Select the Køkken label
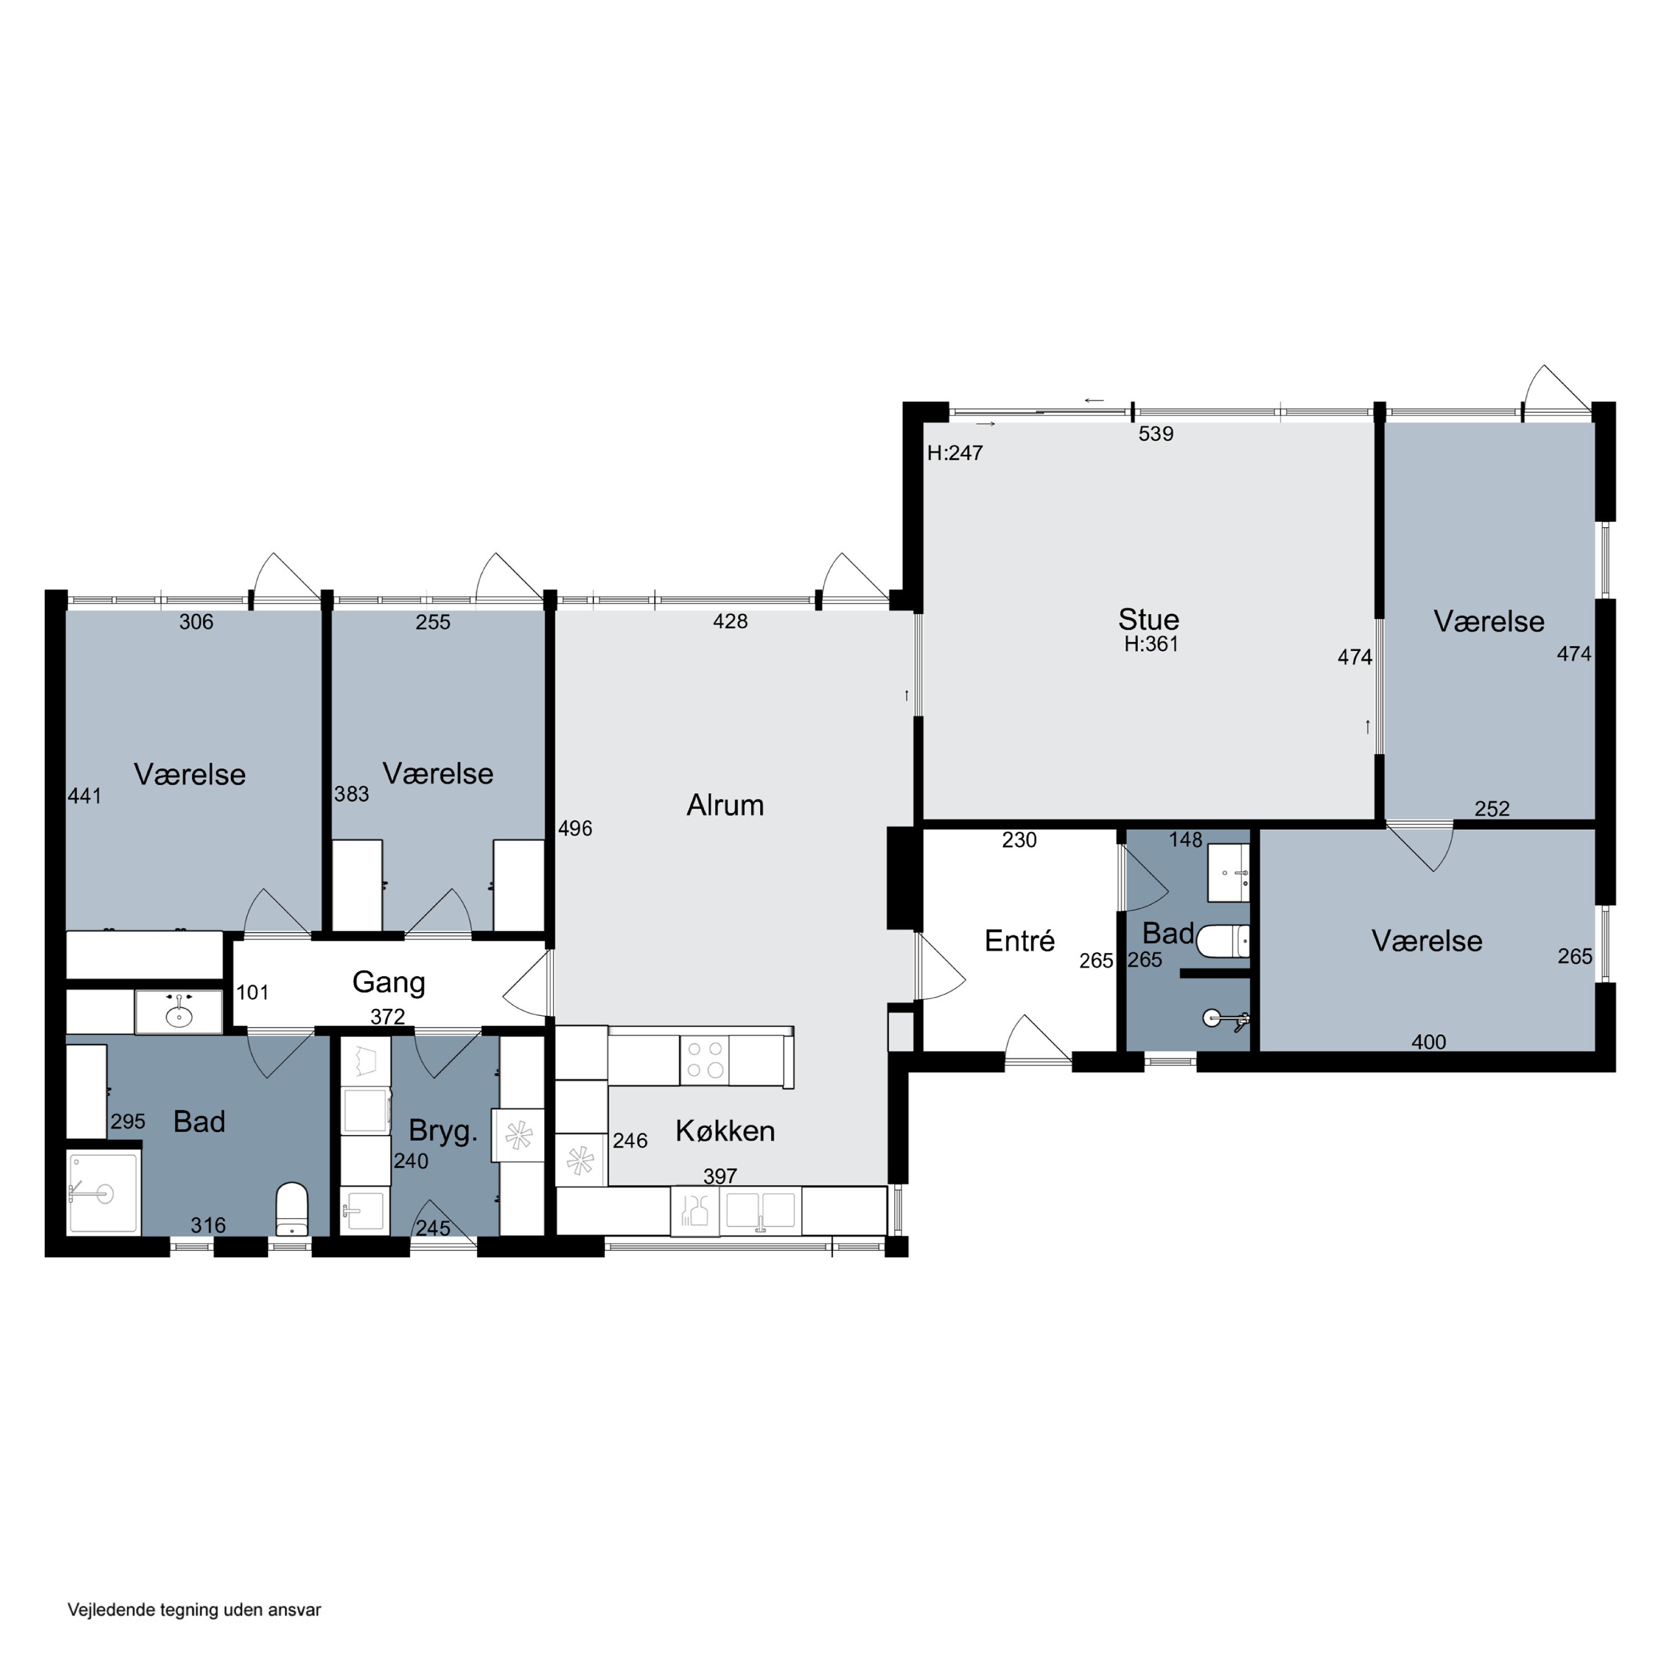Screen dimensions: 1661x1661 pyautogui.click(x=725, y=1131)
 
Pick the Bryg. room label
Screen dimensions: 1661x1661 pyautogui.click(x=443, y=1131)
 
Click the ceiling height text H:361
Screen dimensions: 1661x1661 pyautogui.click(x=1151, y=644)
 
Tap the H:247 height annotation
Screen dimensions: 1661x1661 pyautogui.click(x=955, y=453)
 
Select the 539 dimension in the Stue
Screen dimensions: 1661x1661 pyautogui.click(x=1156, y=434)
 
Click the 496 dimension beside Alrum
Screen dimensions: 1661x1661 pyautogui.click(x=575, y=829)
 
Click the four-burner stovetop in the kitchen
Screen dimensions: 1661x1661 pyautogui.click(x=704, y=1059)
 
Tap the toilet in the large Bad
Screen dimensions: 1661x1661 pyautogui.click(x=292, y=1208)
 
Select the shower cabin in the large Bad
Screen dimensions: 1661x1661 pyautogui.click(x=102, y=1193)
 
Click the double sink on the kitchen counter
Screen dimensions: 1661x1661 pyautogui.click(x=760, y=1210)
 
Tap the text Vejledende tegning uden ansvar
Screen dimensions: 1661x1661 pyautogui.click(x=194, y=1610)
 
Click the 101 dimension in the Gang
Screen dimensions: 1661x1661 pyautogui.click(x=252, y=993)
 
